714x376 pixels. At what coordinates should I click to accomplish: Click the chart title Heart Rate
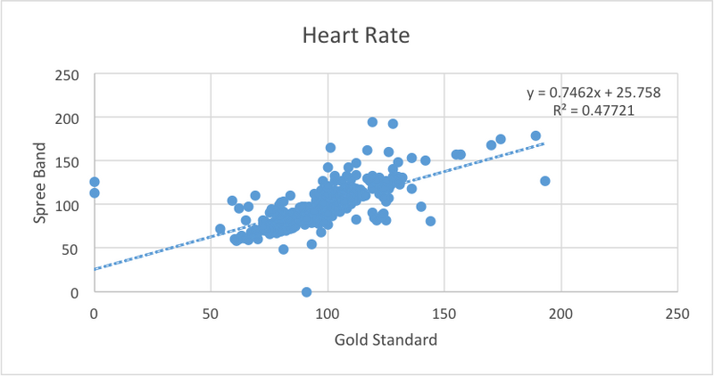pyautogui.click(x=357, y=36)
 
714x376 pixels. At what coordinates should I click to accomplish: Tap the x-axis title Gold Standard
pyautogui.click(x=385, y=339)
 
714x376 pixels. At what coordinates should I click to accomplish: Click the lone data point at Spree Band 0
pyautogui.click(x=306, y=291)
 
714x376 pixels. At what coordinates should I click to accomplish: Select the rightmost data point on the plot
pyautogui.click(x=545, y=181)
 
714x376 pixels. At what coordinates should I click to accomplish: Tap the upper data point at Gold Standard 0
pyautogui.click(x=95, y=182)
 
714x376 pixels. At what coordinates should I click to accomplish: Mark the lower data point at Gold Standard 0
pyautogui.click(x=95, y=192)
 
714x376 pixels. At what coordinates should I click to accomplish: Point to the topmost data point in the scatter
pyautogui.click(x=372, y=122)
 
